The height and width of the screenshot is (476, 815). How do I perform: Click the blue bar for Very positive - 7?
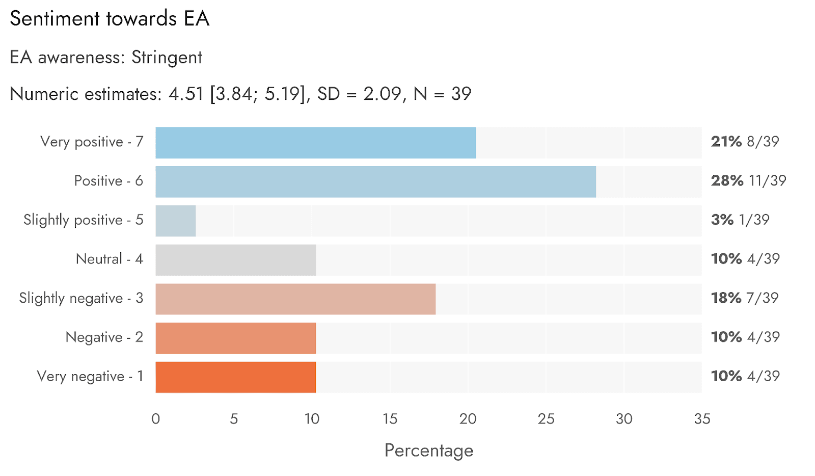pyautogui.click(x=315, y=143)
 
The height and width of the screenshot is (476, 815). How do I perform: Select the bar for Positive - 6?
pyautogui.click(x=376, y=182)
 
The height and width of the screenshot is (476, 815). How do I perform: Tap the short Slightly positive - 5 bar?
pyautogui.click(x=176, y=221)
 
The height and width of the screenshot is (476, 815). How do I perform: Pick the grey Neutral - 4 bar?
pyautogui.click(x=236, y=260)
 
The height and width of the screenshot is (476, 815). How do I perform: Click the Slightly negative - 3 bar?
pyautogui.click(x=295, y=299)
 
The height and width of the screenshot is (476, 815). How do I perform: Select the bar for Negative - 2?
pyautogui.click(x=236, y=338)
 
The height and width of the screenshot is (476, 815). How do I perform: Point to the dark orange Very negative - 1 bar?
pyautogui.click(x=236, y=377)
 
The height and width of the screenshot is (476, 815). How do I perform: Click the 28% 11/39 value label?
pyautogui.click(x=749, y=181)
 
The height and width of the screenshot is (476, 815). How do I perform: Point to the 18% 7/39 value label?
pyautogui.click(x=745, y=298)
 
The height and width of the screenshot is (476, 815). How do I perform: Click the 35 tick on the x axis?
pyautogui.click(x=702, y=419)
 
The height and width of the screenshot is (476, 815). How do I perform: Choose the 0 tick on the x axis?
pyautogui.click(x=156, y=419)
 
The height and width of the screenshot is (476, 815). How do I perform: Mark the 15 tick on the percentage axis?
pyautogui.click(x=390, y=419)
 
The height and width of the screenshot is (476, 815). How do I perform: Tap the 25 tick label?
pyautogui.click(x=546, y=419)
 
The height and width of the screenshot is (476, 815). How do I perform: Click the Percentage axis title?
pyautogui.click(x=429, y=451)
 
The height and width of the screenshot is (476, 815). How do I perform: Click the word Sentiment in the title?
pyautogui.click(x=55, y=18)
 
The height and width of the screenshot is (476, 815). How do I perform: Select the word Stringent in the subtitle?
pyautogui.click(x=167, y=58)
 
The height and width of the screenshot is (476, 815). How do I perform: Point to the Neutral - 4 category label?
pyautogui.click(x=110, y=259)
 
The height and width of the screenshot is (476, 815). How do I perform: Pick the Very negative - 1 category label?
pyautogui.click(x=90, y=377)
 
